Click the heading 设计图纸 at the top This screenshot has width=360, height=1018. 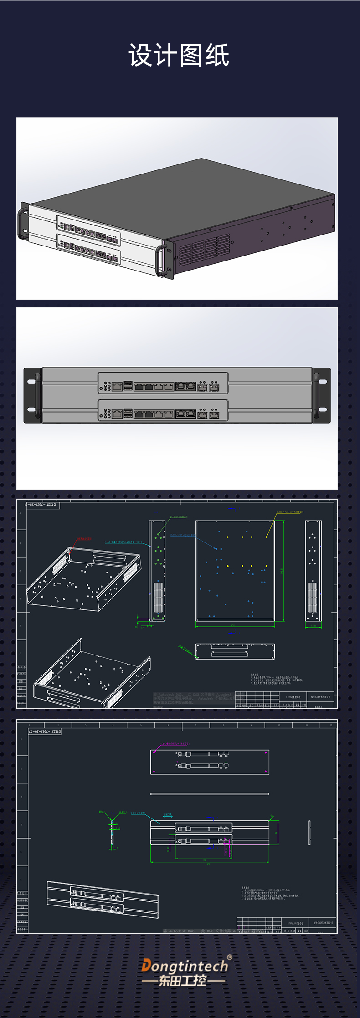pos(179,56)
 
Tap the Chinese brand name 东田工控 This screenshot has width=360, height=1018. pos(183,981)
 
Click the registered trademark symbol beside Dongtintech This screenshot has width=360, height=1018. pos(229,957)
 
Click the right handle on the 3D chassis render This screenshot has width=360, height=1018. pos(160,260)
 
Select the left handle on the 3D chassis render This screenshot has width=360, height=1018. pos(22,223)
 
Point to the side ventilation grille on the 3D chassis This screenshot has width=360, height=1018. pos(204,250)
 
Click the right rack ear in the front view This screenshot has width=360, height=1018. pos(322,395)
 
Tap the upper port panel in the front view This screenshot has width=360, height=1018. pos(163,383)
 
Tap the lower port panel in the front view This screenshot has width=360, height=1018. pos(163,410)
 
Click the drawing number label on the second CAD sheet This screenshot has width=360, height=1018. pos(45,731)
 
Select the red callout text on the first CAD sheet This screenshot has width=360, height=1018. pos(84,538)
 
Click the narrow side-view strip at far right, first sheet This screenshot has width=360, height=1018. pos(313,571)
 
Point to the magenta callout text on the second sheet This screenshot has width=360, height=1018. pos(175,744)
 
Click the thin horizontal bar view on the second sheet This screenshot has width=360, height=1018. pos(210,794)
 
